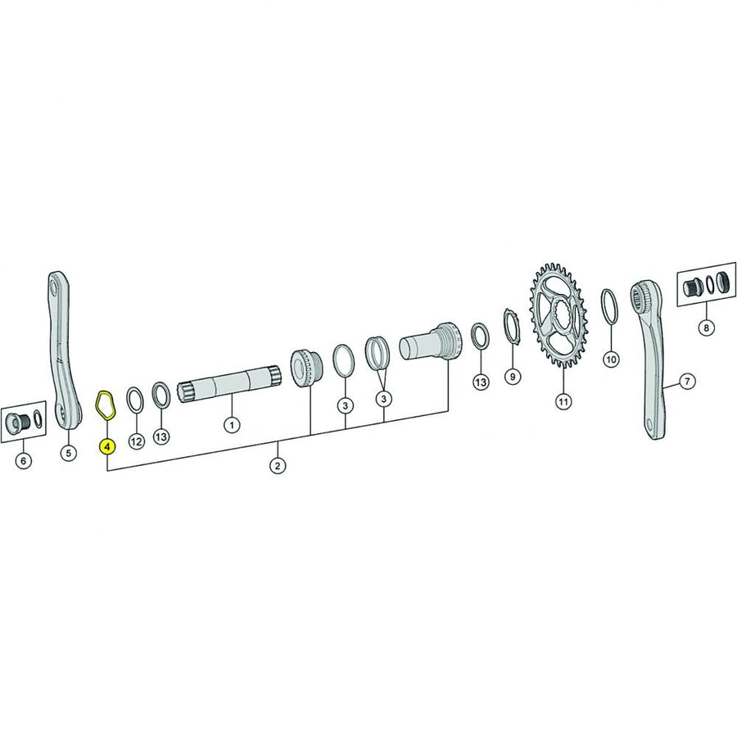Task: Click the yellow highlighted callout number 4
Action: point(107,446)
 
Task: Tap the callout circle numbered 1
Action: point(231,425)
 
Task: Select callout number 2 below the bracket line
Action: point(278,466)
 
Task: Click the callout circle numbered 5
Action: point(68,453)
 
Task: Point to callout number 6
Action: point(24,460)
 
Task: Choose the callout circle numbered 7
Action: point(688,381)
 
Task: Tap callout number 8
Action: point(706,327)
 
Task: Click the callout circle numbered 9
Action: point(513,376)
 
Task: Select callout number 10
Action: point(611,359)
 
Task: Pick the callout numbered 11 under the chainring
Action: point(563,401)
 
